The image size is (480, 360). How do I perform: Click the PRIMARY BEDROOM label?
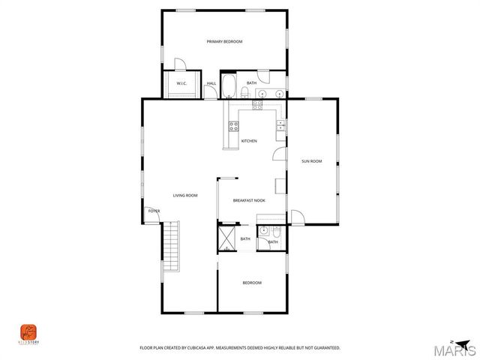pyautogui.click(x=225, y=42)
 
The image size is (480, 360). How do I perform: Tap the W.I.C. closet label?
pyautogui.click(x=181, y=83)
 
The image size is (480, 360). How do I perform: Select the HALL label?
pyautogui.click(x=211, y=83)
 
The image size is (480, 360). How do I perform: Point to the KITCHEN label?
pyautogui.click(x=249, y=141)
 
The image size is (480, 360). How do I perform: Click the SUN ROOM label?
pyautogui.click(x=311, y=161)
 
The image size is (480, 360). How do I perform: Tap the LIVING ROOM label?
pyautogui.click(x=185, y=196)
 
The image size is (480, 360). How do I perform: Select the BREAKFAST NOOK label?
pyautogui.click(x=249, y=200)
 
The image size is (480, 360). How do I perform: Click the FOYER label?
pyautogui.click(x=154, y=211)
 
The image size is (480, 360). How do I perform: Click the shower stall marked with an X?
pyautogui.click(x=227, y=239)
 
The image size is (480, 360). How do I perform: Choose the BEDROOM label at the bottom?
pyautogui.click(x=252, y=283)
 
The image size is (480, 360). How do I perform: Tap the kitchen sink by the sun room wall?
pyautogui.click(x=280, y=125)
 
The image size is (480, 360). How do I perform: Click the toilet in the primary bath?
pyautogui.click(x=244, y=92)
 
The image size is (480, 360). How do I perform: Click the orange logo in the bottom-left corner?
pyautogui.click(x=28, y=331)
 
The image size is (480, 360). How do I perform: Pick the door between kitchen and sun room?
pyautogui.click(x=279, y=154)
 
